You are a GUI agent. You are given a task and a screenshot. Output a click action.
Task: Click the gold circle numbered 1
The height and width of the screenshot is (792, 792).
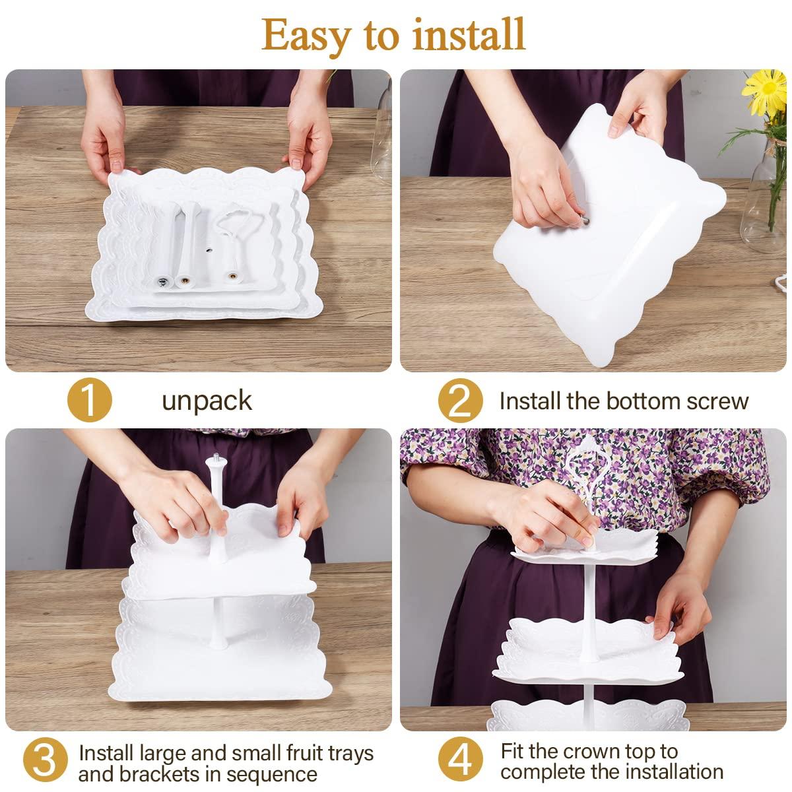coord(90,400)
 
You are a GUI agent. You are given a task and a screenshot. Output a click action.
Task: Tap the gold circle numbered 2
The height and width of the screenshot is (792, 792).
coord(460,401)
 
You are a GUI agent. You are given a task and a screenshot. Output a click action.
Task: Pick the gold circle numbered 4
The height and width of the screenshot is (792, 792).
coord(460,759)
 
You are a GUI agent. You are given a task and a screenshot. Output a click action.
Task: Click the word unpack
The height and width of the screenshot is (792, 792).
coord(207,401)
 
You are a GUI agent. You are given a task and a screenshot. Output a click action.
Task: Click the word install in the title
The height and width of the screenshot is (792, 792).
coord(469,34)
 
